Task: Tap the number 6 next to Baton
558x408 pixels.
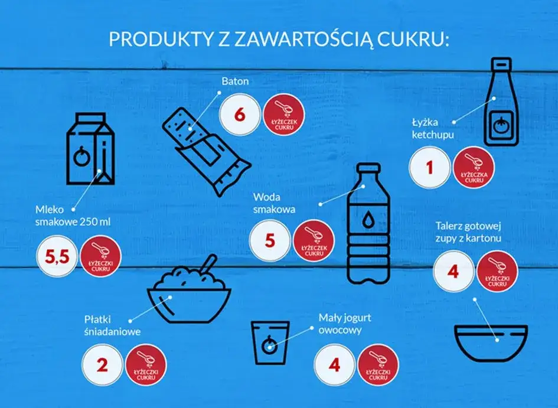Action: pyautogui.click(x=239, y=115)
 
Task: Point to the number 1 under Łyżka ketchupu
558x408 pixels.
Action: pyautogui.click(x=429, y=167)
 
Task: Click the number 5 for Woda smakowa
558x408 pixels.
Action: pyautogui.click(x=270, y=240)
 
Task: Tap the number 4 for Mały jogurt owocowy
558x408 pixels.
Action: pyautogui.click(x=334, y=364)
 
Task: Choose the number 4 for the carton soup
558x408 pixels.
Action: pyautogui.click(x=453, y=272)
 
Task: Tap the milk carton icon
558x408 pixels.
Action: pyautogui.click(x=89, y=151)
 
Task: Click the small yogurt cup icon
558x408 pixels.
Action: pyautogui.click(x=270, y=342)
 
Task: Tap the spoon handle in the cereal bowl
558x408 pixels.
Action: pyautogui.click(x=207, y=264)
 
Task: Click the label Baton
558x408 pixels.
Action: pyautogui.click(x=234, y=81)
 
